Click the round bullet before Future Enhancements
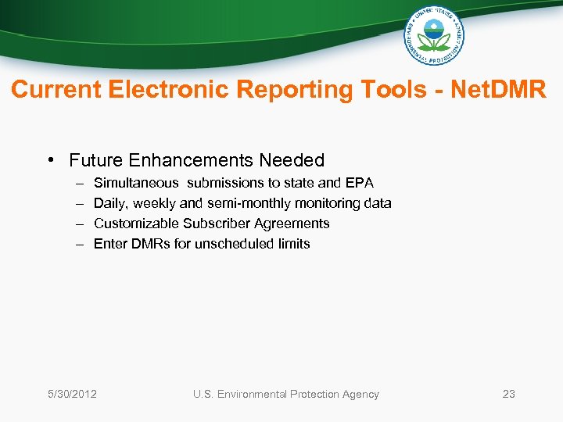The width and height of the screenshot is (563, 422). (x=49, y=160)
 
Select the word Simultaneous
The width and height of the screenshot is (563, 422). (x=135, y=183)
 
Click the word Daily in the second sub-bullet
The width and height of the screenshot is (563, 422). (x=109, y=203)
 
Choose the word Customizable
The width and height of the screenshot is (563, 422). (x=136, y=224)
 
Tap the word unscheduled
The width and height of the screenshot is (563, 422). (x=233, y=244)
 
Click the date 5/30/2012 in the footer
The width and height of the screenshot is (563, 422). (x=71, y=394)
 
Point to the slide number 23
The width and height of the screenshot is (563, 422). (x=508, y=394)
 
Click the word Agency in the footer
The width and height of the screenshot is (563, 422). (x=359, y=394)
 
